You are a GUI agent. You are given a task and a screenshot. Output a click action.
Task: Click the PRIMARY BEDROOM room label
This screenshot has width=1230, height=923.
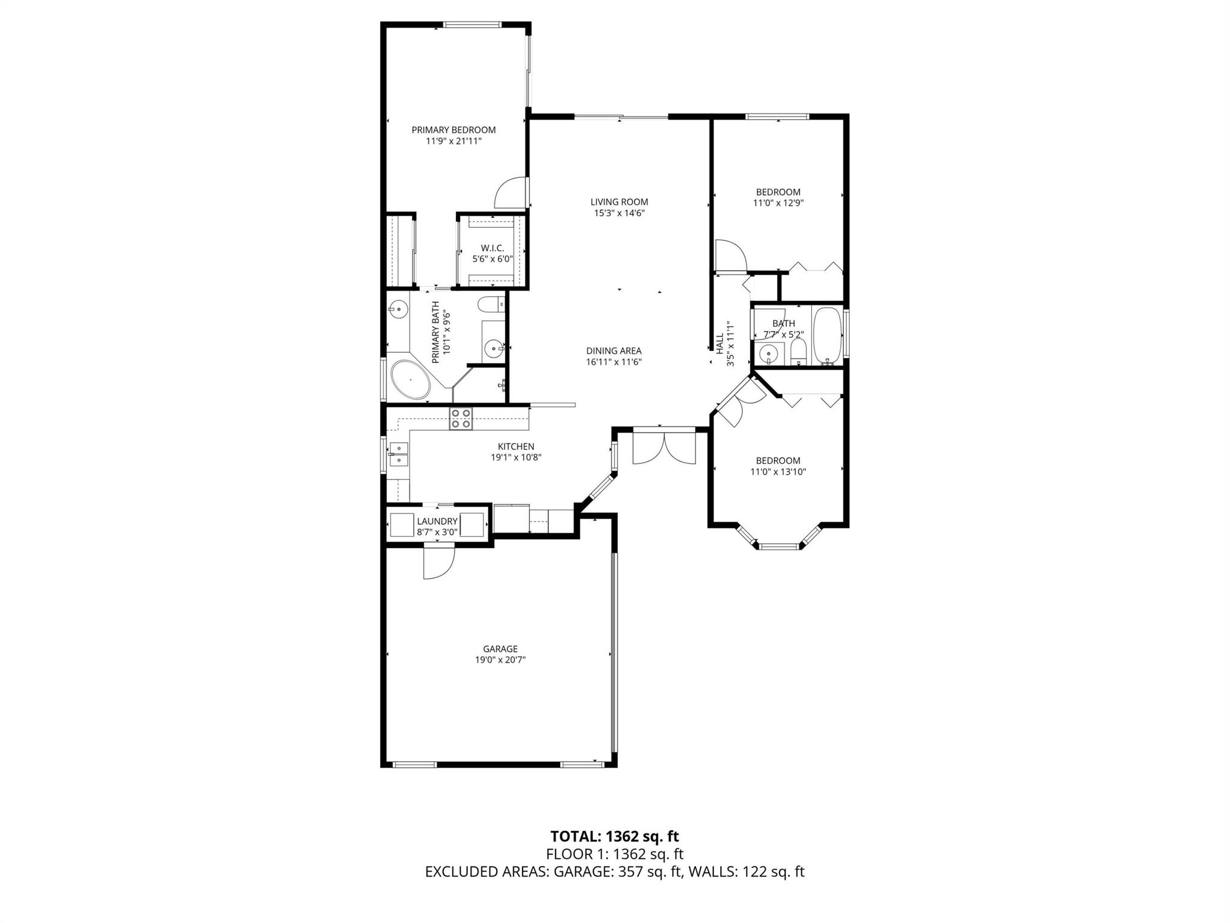pos(453,130)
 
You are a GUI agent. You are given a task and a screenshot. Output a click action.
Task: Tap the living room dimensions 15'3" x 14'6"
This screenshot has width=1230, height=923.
pos(619,213)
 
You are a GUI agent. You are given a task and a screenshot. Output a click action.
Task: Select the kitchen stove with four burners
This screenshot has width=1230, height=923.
pos(461,418)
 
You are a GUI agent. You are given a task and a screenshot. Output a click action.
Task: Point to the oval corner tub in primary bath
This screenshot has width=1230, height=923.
pos(411,380)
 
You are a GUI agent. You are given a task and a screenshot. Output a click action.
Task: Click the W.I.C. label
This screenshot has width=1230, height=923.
pos(492,248)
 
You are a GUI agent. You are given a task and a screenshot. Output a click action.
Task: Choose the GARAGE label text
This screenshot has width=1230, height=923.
pos(500,649)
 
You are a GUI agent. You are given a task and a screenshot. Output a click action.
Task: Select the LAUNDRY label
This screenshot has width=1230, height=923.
pos(437,522)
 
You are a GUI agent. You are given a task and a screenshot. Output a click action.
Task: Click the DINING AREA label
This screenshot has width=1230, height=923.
pos(614,351)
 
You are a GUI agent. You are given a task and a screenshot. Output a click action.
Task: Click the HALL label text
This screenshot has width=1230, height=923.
pos(720,343)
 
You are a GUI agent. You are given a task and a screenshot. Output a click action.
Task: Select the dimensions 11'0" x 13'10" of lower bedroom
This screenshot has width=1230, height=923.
pos(778,472)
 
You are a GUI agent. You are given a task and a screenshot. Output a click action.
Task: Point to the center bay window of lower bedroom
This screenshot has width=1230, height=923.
pos(778,547)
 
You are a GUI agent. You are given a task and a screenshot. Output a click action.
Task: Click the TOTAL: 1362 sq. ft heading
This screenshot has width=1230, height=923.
pos(614,836)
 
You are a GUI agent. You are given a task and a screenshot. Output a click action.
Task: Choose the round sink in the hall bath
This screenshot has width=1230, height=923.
pos(768,354)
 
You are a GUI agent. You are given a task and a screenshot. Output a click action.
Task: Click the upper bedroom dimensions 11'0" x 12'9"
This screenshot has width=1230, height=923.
pos(778,203)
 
